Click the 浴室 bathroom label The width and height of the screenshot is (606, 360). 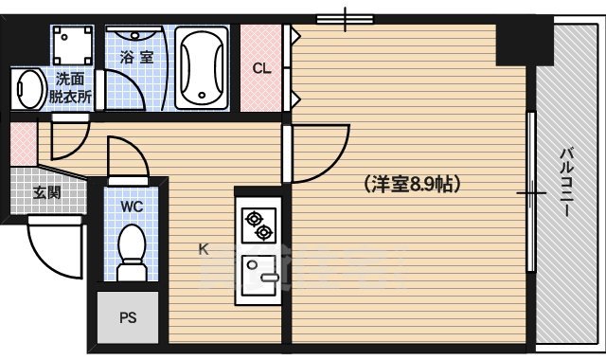[x=136, y=58]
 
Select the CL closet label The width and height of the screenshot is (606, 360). [x=262, y=67]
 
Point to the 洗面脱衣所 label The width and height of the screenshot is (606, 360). [x=73, y=87]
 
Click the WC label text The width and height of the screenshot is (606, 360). [x=132, y=205]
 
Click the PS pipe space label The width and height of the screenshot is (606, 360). [x=128, y=318]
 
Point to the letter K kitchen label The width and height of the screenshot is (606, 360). [x=203, y=249]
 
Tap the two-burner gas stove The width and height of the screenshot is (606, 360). [x=258, y=225]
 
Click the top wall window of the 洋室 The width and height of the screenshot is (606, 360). [x=346, y=18]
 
